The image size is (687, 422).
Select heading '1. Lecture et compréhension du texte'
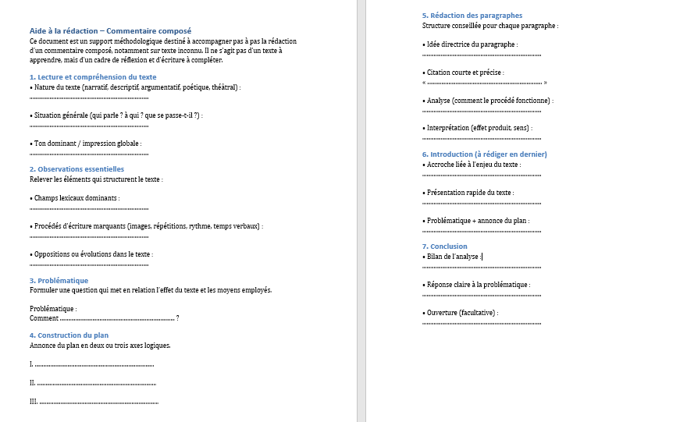(93, 77)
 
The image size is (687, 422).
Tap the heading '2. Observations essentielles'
(77, 168)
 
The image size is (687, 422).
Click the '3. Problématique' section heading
(59, 280)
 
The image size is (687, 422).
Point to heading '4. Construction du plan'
(69, 335)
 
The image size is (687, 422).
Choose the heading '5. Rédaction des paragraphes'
(472, 16)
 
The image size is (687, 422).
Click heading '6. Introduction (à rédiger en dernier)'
(484, 154)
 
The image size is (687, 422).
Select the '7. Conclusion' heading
(445, 246)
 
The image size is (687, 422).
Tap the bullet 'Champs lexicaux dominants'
(77, 198)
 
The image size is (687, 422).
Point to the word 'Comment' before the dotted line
(44, 318)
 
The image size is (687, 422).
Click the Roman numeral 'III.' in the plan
(34, 402)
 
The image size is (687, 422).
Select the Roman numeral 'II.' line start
(33, 383)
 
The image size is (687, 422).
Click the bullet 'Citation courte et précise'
(465, 73)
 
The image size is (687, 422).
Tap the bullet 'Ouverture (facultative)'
(461, 313)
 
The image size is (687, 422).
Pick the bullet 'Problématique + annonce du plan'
(477, 221)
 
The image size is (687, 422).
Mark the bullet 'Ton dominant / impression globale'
(87, 144)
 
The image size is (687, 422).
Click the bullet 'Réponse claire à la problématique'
(478, 285)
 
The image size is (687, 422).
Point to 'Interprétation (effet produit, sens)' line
(479, 128)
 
